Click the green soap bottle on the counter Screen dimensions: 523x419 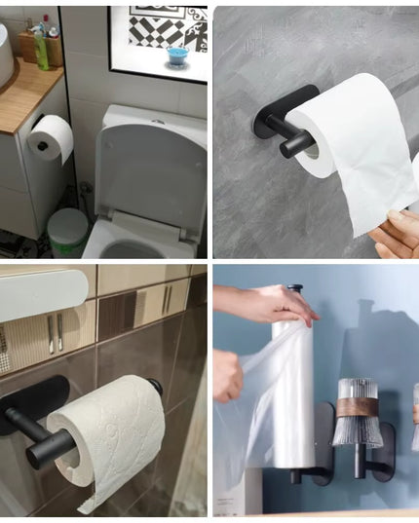(x=41, y=48)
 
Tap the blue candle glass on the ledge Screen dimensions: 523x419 (x=176, y=55)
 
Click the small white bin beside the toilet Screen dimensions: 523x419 (x=67, y=232)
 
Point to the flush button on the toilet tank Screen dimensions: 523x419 (x=157, y=126)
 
